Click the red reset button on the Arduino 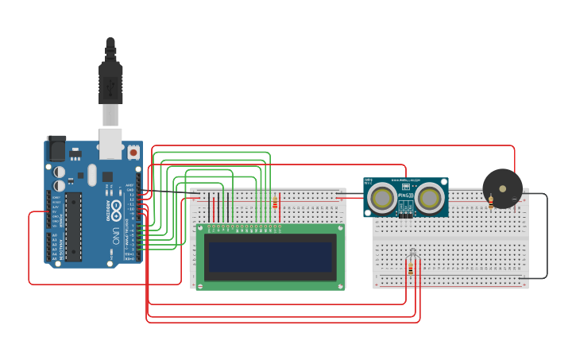click(133, 151)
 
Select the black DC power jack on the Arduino click(56, 149)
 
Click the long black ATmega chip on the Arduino click(73, 226)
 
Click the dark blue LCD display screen click(270, 257)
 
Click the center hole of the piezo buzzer click(502, 188)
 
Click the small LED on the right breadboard click(412, 254)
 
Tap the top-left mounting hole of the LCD click(201, 228)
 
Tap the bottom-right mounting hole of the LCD click(341, 285)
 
